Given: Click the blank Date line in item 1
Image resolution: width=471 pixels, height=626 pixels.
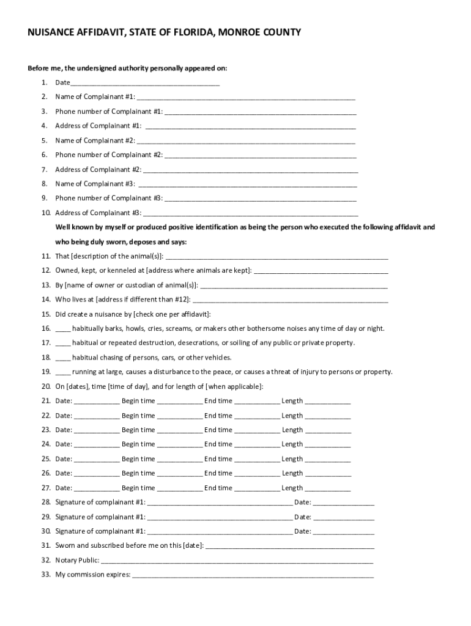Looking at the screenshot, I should (145, 83).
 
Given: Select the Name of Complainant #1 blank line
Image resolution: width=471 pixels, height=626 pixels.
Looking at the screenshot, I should (246, 97).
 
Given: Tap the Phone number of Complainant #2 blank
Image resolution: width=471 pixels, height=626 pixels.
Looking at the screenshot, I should (260, 155).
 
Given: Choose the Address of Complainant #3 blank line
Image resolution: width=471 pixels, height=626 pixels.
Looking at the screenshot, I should (250, 213).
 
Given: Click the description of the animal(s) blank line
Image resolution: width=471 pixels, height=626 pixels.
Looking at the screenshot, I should (276, 257).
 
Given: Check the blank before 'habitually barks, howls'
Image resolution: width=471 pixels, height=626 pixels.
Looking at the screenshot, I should (63, 329).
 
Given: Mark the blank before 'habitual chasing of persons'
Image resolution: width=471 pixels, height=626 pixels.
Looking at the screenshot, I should (63, 358).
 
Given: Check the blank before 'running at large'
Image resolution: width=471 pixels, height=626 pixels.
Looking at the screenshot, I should (63, 372).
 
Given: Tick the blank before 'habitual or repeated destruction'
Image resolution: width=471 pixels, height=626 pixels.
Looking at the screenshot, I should (63, 344).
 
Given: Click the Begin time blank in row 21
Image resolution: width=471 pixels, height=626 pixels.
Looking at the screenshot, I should (179, 402).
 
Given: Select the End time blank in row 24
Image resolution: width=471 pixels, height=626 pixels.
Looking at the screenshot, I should (258, 445).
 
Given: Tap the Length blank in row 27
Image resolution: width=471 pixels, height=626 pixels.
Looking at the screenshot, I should (328, 488).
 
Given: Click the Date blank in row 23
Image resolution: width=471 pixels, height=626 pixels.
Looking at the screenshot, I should (97, 430).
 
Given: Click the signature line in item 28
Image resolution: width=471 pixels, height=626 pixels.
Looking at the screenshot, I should (220, 503).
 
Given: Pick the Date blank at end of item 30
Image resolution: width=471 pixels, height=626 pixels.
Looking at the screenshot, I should (344, 532).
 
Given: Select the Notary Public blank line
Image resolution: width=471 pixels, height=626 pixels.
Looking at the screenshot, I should (237, 561).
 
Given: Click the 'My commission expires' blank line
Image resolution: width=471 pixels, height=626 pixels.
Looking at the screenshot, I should (253, 575).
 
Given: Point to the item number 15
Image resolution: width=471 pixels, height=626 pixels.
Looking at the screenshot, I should (46, 314).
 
